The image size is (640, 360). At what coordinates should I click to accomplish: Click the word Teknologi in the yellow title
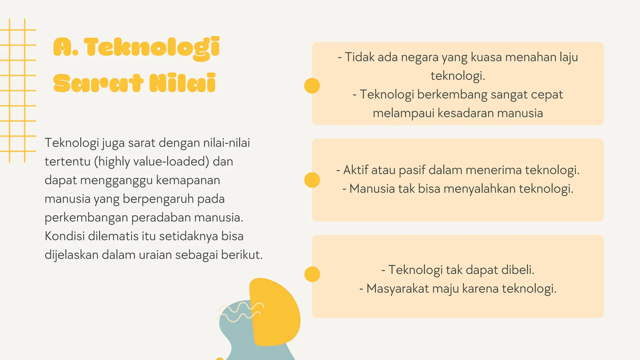(x=152, y=48)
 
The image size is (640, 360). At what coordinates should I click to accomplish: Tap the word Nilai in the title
(x=182, y=83)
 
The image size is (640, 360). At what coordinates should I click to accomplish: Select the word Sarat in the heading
(x=98, y=83)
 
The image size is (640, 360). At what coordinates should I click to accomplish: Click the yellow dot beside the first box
(x=312, y=86)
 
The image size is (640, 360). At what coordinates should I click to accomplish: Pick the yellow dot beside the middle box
(x=312, y=180)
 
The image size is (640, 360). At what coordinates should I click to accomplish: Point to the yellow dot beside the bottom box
(x=312, y=274)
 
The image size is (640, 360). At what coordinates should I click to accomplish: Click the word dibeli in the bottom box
(x=517, y=270)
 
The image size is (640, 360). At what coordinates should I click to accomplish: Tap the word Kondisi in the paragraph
(x=65, y=236)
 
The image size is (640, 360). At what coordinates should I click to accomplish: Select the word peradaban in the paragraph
(x=161, y=217)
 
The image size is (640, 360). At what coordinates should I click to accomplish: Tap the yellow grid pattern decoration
(x=17, y=91)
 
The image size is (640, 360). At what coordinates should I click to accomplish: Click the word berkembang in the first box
(x=452, y=95)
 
